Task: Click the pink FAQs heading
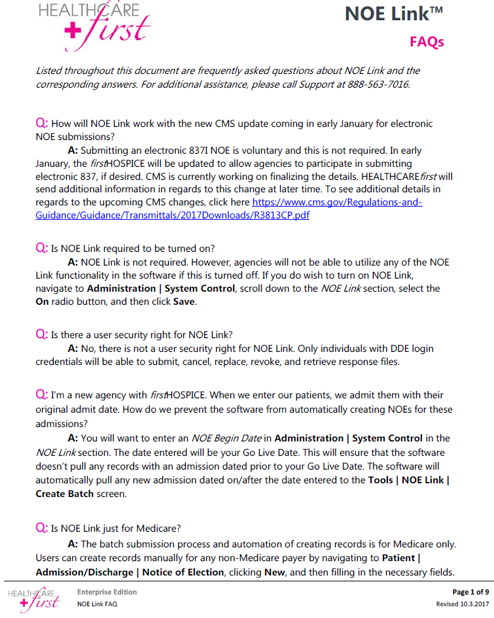click(x=427, y=42)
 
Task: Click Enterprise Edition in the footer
click(x=107, y=592)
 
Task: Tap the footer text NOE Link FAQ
click(x=97, y=604)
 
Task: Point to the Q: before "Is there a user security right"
click(x=41, y=335)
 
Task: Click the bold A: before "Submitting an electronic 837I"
click(x=73, y=150)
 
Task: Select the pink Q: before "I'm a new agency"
click(x=41, y=395)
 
